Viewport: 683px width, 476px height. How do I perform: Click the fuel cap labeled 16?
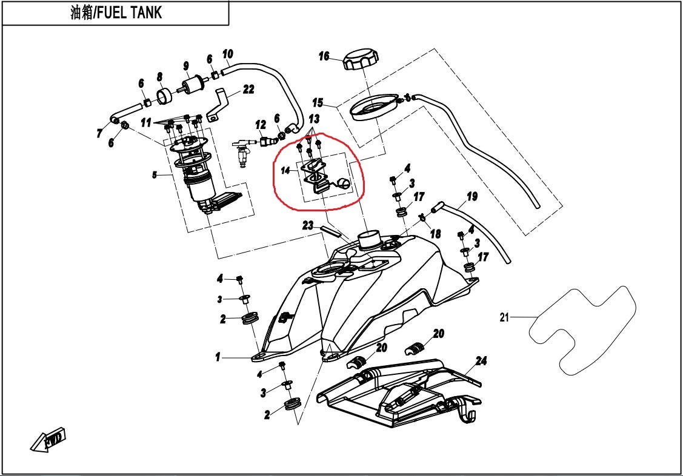click(360, 61)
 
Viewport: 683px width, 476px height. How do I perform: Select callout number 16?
click(324, 56)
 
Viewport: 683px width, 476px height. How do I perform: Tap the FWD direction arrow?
click(48, 440)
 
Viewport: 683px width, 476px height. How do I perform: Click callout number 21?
click(503, 317)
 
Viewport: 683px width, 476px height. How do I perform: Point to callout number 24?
click(481, 362)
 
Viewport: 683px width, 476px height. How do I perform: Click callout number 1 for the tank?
click(218, 358)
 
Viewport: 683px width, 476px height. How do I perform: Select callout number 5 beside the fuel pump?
click(155, 175)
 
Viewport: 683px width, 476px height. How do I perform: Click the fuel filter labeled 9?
click(193, 83)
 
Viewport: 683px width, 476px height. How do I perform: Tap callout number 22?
click(248, 90)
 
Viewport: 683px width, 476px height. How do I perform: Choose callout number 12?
click(261, 125)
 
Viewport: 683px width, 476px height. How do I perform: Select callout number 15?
click(318, 102)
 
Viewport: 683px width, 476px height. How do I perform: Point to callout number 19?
click(472, 196)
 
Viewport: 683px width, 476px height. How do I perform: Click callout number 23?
click(308, 226)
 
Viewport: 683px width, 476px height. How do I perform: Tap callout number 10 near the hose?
click(227, 54)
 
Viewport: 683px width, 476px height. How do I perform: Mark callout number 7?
click(99, 134)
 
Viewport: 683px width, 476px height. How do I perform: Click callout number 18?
click(435, 234)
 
